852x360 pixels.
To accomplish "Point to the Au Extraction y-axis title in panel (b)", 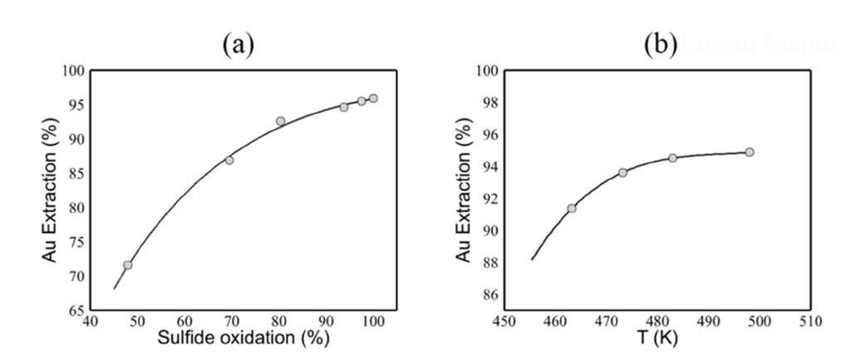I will tap(463, 190).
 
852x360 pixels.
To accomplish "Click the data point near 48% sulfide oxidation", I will tap(127, 265).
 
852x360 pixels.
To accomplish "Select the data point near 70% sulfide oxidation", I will tap(229, 160).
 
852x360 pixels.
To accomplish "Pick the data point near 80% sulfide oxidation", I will tap(280, 121).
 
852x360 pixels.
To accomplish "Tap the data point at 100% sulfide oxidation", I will tap(373, 98).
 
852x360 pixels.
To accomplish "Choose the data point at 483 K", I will tap(672, 158).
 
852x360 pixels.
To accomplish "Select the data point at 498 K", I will tap(749, 152).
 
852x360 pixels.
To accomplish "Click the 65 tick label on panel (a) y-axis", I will tap(74, 310).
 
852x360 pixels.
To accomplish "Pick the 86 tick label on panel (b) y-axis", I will tap(487, 294).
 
